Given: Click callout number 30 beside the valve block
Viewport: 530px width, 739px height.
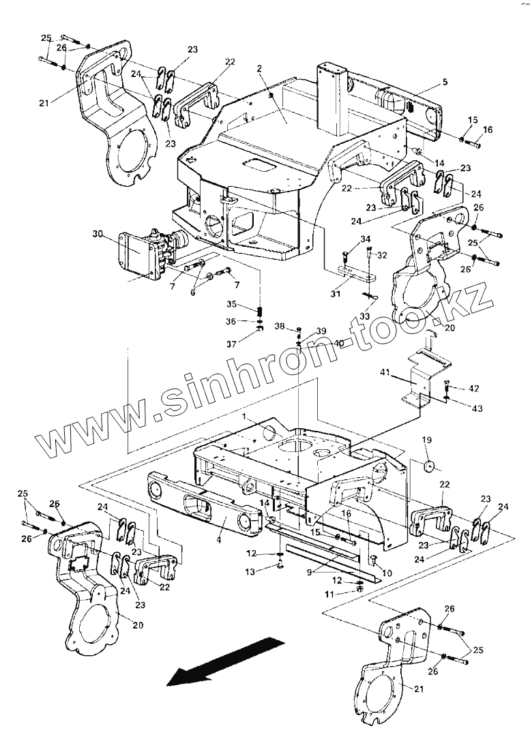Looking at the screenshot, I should point(98,234).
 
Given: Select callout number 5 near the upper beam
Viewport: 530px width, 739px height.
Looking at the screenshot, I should point(444,82).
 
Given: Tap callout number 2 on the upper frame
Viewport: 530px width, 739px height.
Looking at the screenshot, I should point(260,69).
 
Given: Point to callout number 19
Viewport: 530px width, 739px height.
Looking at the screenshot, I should point(427,440).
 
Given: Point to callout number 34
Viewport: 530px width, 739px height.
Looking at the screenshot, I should point(366,239).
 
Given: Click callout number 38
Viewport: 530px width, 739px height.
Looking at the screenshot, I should point(280,326).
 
